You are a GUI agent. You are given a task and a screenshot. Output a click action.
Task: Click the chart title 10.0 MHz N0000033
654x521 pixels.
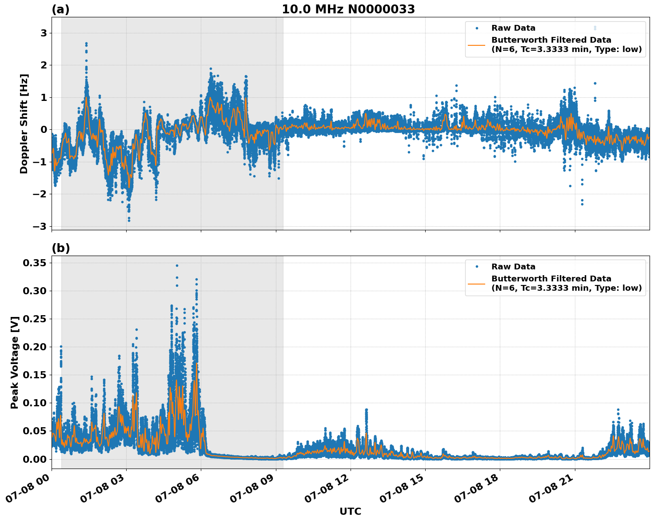click(348, 9)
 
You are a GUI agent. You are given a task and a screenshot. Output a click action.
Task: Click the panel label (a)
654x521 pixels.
click(60, 9)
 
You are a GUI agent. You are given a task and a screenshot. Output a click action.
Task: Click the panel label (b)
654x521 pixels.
click(60, 248)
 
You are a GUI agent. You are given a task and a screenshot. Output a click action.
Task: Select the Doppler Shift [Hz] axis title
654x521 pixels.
click(24, 124)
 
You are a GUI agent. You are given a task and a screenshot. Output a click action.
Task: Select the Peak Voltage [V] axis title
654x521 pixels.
click(15, 362)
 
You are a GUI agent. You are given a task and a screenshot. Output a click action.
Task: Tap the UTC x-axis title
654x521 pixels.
click(350, 511)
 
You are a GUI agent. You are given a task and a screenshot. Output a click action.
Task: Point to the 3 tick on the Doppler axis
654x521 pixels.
click(44, 33)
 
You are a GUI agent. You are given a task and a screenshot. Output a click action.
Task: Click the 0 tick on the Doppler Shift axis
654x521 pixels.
click(44, 130)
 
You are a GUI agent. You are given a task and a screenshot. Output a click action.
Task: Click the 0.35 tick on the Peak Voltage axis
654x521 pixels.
click(35, 263)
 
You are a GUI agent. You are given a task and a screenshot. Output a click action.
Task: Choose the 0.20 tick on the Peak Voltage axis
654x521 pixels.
click(35, 347)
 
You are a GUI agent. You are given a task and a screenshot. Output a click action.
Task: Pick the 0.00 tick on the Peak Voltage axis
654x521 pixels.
click(35, 459)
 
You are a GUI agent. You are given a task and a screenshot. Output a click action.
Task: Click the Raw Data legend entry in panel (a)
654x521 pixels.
click(513, 28)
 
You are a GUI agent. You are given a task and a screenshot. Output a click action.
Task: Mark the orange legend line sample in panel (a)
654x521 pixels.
click(477, 44)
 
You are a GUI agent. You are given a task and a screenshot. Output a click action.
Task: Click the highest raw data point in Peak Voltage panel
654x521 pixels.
click(177, 265)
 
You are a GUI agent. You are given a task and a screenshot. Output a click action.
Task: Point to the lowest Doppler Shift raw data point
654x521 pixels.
click(129, 220)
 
